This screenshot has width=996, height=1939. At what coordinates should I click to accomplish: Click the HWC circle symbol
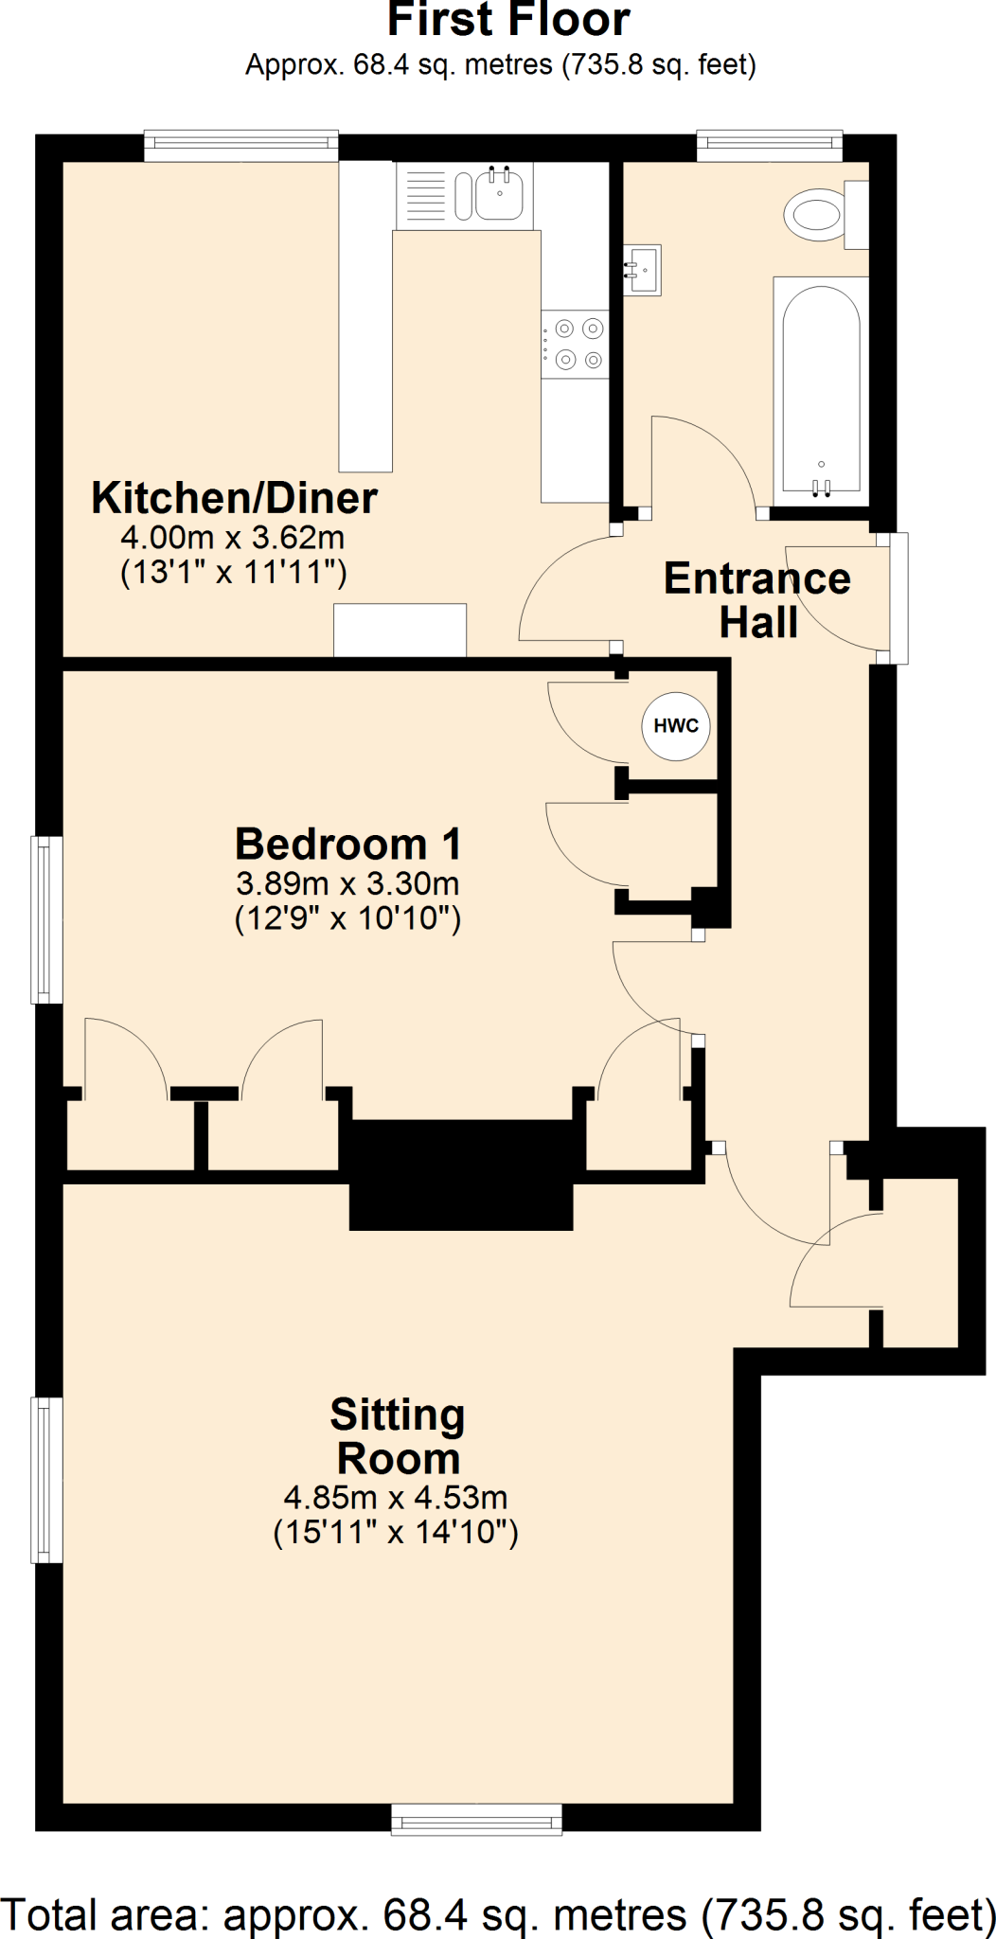(x=676, y=726)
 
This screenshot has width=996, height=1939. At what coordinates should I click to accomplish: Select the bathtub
(x=821, y=390)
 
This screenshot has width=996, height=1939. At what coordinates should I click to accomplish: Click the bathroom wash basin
(x=643, y=270)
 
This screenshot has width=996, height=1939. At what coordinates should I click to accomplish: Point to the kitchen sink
(x=499, y=195)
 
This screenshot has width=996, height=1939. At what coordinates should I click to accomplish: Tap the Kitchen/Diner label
(x=234, y=498)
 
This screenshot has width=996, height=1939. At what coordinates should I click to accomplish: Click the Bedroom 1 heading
(x=347, y=844)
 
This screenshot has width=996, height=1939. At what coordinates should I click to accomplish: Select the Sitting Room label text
(x=398, y=1436)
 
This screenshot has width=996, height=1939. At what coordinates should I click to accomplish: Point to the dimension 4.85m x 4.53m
(x=396, y=1497)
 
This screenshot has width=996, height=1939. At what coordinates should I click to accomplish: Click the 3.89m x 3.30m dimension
(x=347, y=883)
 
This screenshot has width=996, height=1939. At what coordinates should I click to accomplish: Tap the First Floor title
(x=508, y=21)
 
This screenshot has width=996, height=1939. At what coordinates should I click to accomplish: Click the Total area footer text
(x=498, y=1914)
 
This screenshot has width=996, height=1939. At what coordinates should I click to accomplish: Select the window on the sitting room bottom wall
(x=476, y=1819)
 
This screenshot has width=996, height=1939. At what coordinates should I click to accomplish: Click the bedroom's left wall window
(x=47, y=919)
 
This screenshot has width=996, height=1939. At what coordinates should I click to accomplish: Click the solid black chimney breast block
(x=461, y=1174)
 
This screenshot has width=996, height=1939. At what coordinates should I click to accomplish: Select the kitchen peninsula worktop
(x=365, y=316)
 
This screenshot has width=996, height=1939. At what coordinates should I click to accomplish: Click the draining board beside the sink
(x=425, y=196)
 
